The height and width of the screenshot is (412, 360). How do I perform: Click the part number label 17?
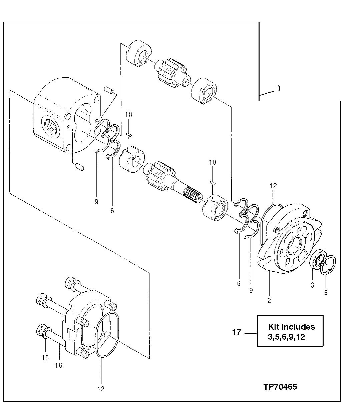tap(237, 332)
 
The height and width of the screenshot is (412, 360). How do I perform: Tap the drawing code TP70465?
tap(280, 387)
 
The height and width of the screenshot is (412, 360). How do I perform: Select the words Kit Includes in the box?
tap(291, 326)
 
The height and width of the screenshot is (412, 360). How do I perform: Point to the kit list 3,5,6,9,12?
tap(286, 337)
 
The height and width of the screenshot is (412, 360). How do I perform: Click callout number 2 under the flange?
tap(269, 300)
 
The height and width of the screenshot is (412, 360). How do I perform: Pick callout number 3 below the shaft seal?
tap(312, 285)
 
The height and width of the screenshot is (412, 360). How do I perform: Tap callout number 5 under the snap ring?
tap(326, 293)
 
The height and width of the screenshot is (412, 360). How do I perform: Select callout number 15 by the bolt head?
tap(45, 358)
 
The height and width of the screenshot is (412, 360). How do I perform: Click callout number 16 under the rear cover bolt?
tap(59, 365)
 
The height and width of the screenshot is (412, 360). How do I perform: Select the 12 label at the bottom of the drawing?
tap(101, 389)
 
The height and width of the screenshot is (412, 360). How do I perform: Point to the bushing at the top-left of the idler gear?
tap(138, 53)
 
